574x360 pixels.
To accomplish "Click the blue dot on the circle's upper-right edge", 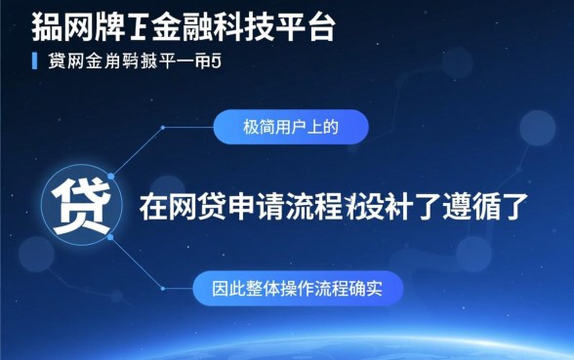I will (110, 177).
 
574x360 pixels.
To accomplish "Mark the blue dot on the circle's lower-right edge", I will (110, 237).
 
